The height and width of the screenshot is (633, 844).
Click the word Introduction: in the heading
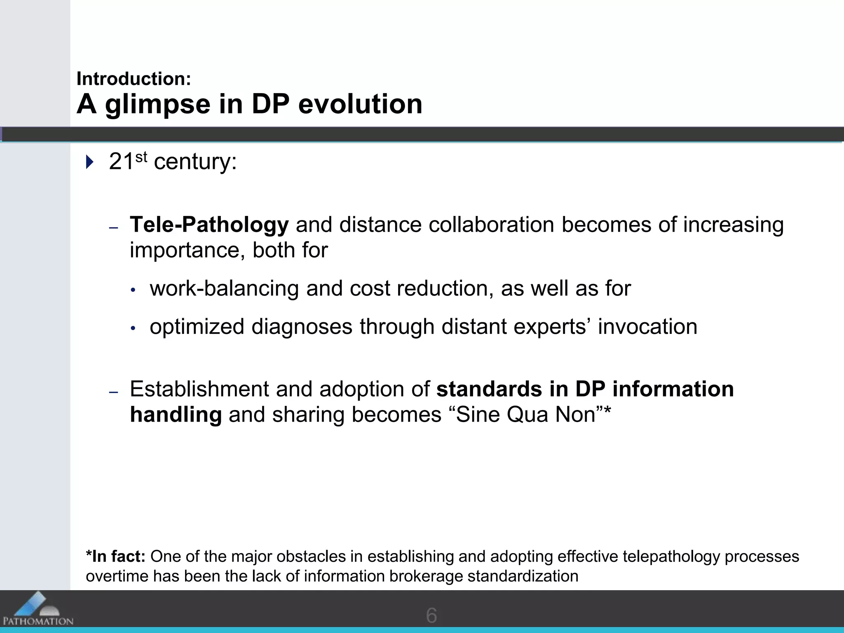pyautogui.click(x=134, y=79)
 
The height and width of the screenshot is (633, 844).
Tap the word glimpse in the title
pyautogui.click(x=157, y=104)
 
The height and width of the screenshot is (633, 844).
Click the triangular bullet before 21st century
pyautogui.click(x=89, y=162)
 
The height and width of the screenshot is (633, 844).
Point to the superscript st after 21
pyautogui.click(x=141, y=157)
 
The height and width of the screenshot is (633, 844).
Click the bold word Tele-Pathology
pyautogui.click(x=209, y=225)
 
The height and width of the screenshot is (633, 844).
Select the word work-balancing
pyautogui.click(x=224, y=288)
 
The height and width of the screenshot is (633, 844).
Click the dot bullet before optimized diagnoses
pyautogui.click(x=133, y=328)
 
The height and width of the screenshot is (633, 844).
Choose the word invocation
pyautogui.click(x=647, y=326)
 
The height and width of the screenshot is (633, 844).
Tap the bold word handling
pyautogui.click(x=176, y=415)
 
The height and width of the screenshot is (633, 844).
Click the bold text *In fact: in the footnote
pyautogui.click(x=115, y=556)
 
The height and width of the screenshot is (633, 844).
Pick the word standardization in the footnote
pyautogui.click(x=523, y=576)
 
